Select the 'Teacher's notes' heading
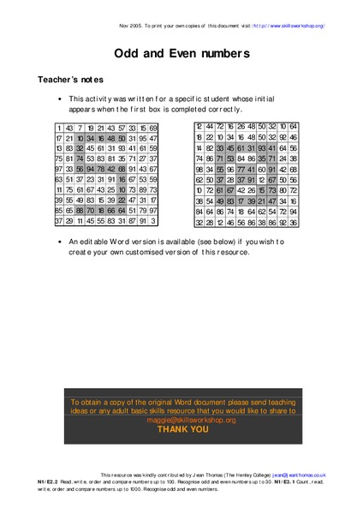click(72, 79)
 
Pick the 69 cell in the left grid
click(153, 128)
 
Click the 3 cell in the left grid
click(153, 221)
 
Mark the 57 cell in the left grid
click(122, 128)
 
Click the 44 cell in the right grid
click(209, 127)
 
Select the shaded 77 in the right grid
click(241, 169)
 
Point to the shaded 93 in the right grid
click(262, 148)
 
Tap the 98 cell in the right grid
click(199, 169)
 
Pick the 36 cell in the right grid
click(294, 221)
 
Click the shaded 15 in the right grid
click(262, 190)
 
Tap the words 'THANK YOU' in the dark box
click(181, 429)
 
